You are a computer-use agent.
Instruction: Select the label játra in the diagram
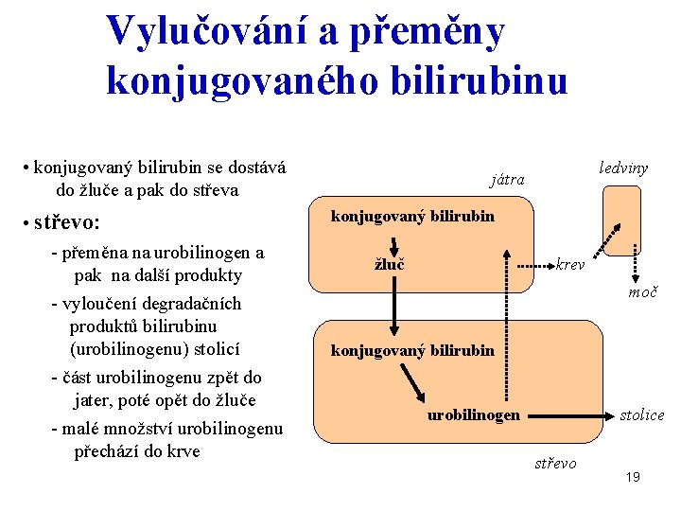coord(507,179)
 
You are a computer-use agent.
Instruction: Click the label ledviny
coord(623,167)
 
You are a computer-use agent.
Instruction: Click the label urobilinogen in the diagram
coord(473,414)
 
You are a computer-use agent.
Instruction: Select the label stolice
coord(641,414)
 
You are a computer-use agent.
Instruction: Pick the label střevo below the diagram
coord(555,463)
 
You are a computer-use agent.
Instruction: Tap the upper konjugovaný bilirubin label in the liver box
coord(411,216)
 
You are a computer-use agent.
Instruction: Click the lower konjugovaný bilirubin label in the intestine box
coord(411,351)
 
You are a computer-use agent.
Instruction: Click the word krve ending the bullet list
coord(182,450)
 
